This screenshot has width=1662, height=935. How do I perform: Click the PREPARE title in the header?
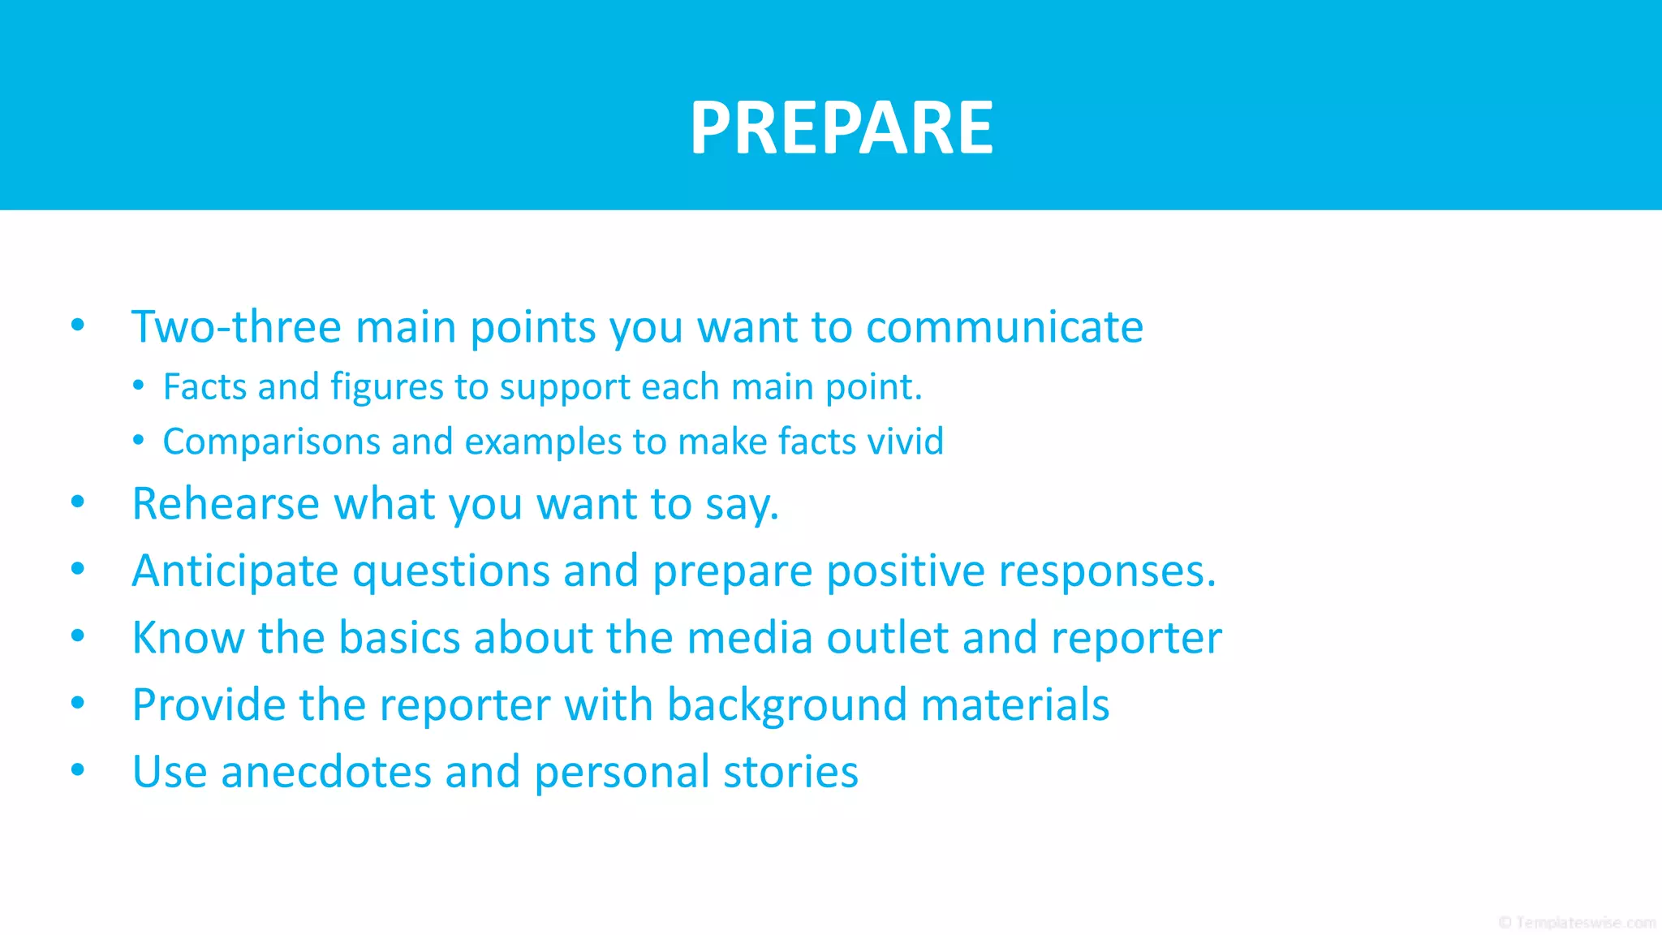[841, 127]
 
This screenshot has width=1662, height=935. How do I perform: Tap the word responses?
[1107, 571]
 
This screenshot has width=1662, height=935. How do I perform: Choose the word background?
[786, 704]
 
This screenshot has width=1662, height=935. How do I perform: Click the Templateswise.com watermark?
[1577, 922]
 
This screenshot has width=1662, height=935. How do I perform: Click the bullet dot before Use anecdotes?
[78, 769]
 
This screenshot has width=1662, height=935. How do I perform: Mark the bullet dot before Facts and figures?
[139, 386]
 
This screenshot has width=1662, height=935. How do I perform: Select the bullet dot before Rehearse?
[78, 502]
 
